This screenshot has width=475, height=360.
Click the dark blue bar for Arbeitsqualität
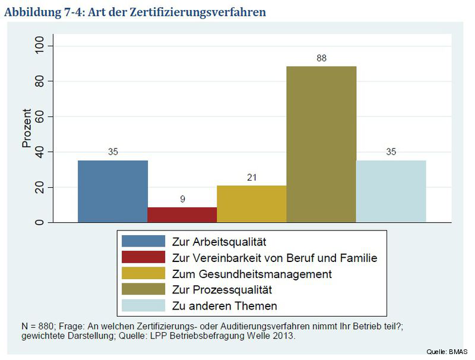[x=113, y=191]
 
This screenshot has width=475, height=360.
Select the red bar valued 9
[x=182, y=214]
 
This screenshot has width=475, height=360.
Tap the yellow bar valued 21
[x=252, y=204]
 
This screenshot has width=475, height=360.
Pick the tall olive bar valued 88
[x=321, y=144]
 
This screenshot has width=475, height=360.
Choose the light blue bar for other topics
[x=391, y=191]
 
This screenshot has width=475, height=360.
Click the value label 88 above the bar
[x=321, y=58]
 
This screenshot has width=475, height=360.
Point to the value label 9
[x=182, y=199]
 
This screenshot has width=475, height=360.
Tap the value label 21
[x=252, y=178]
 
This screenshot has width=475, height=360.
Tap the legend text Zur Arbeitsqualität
[x=217, y=242]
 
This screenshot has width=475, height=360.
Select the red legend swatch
[x=143, y=258]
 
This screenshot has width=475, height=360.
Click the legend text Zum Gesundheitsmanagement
[x=251, y=274]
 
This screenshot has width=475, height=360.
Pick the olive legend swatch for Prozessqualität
[x=143, y=290]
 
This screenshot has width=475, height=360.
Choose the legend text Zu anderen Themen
[x=224, y=306]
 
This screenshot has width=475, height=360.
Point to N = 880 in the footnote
[x=37, y=326]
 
